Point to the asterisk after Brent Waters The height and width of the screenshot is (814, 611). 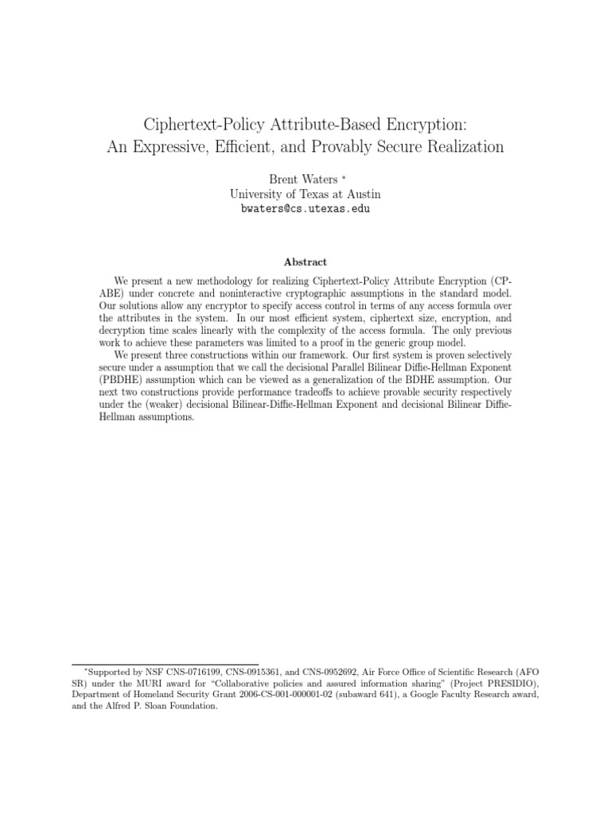(x=341, y=178)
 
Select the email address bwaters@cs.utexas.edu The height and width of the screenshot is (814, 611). (x=305, y=209)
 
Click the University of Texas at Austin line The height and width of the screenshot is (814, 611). (x=305, y=194)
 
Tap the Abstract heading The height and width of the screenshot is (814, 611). (x=305, y=262)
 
